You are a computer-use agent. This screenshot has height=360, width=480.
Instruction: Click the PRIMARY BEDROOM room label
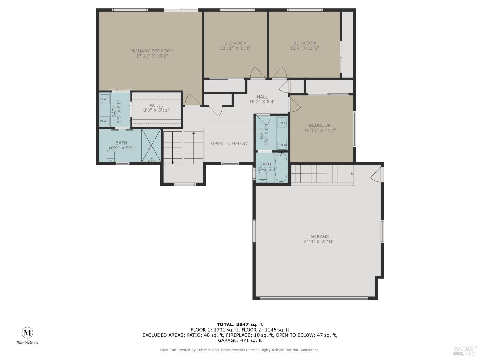[152, 51]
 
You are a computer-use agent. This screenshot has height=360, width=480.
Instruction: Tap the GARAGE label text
[319, 236]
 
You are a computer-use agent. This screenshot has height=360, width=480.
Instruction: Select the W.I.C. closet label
[156, 105]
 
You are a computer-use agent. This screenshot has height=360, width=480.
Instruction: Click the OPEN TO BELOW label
[229, 144]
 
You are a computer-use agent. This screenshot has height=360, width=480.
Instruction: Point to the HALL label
[262, 97]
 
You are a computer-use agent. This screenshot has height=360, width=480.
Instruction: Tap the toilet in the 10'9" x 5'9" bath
[110, 156]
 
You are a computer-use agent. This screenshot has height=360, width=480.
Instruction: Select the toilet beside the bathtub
[263, 175]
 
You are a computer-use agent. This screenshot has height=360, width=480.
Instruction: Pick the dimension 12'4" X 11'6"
[304, 48]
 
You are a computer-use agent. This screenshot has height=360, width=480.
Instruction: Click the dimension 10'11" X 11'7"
[320, 131]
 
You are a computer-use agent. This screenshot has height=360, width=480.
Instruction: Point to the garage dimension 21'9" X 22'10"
[319, 242]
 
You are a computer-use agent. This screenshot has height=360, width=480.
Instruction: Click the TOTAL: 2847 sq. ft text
[240, 324]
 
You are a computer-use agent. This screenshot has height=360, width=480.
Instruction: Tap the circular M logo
[27, 333]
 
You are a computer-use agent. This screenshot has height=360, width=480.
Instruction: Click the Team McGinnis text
[27, 343]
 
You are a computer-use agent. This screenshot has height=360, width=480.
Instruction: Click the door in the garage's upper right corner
[377, 174]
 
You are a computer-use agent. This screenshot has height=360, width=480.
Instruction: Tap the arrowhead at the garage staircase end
[352, 174]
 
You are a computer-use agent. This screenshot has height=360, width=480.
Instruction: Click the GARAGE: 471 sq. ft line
[240, 340]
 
